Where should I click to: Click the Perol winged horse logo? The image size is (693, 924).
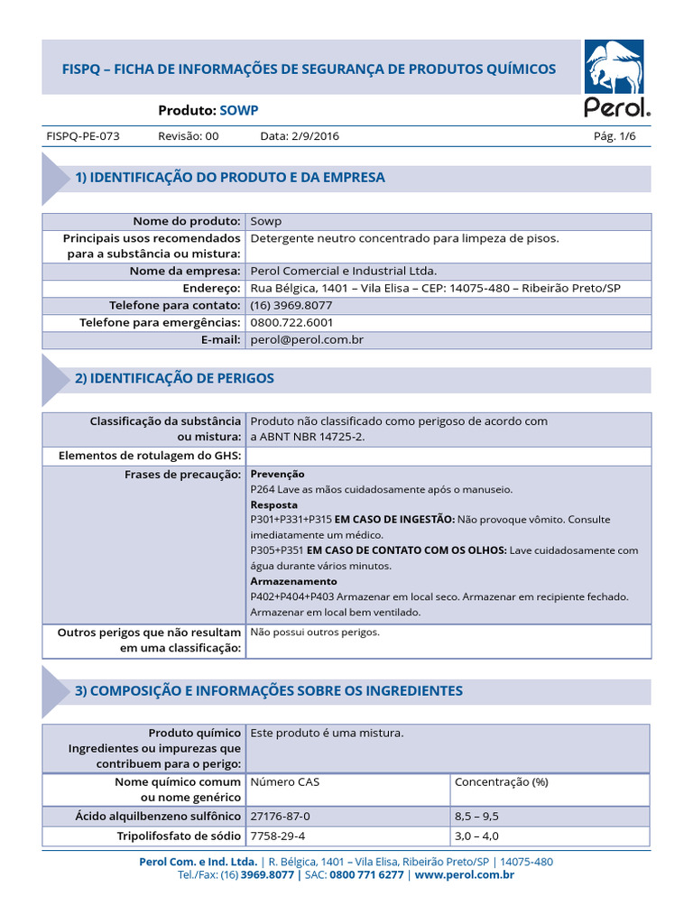pyautogui.click(x=614, y=69)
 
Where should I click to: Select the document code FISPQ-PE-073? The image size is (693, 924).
pyautogui.click(x=82, y=136)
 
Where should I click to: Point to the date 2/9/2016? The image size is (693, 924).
pyautogui.click(x=300, y=136)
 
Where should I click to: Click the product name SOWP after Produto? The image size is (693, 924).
pyautogui.click(x=239, y=110)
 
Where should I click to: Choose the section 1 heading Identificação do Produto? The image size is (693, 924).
pyautogui.click(x=230, y=178)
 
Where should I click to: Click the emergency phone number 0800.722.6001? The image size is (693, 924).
pyautogui.click(x=291, y=322)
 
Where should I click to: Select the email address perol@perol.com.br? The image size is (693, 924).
pyautogui.click(x=307, y=339)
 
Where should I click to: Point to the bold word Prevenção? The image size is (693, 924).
pyautogui.click(x=277, y=474)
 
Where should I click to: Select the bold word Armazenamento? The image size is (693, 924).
pyautogui.click(x=293, y=581)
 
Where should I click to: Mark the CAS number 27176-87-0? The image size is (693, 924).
pyautogui.click(x=286, y=816)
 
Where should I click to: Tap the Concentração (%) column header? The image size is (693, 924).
pyautogui.click(x=501, y=782)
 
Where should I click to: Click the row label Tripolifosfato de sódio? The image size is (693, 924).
pyautogui.click(x=179, y=836)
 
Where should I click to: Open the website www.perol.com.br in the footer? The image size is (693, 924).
pyautogui.click(x=465, y=875)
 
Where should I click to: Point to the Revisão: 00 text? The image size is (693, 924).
pyautogui.click(x=189, y=136)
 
